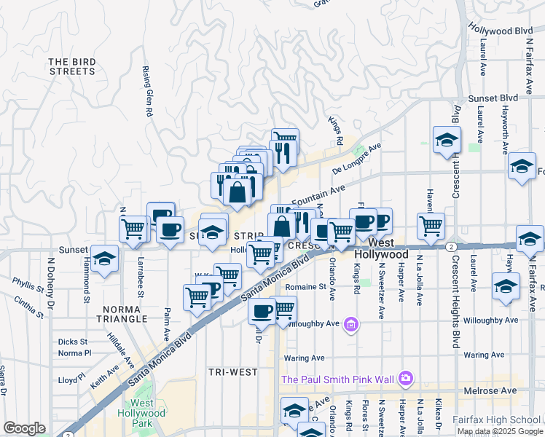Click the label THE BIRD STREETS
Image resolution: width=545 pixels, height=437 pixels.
tap(73, 66)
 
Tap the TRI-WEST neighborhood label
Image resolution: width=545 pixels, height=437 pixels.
tap(232, 372)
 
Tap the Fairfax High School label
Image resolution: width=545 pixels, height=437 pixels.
tap(505, 419)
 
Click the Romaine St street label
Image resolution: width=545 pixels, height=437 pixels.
tap(305, 287)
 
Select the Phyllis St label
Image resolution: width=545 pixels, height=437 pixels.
tap(28, 284)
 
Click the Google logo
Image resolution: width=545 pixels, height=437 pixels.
tap(24, 428)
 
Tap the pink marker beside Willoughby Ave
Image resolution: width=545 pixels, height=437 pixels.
tap(352, 323)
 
